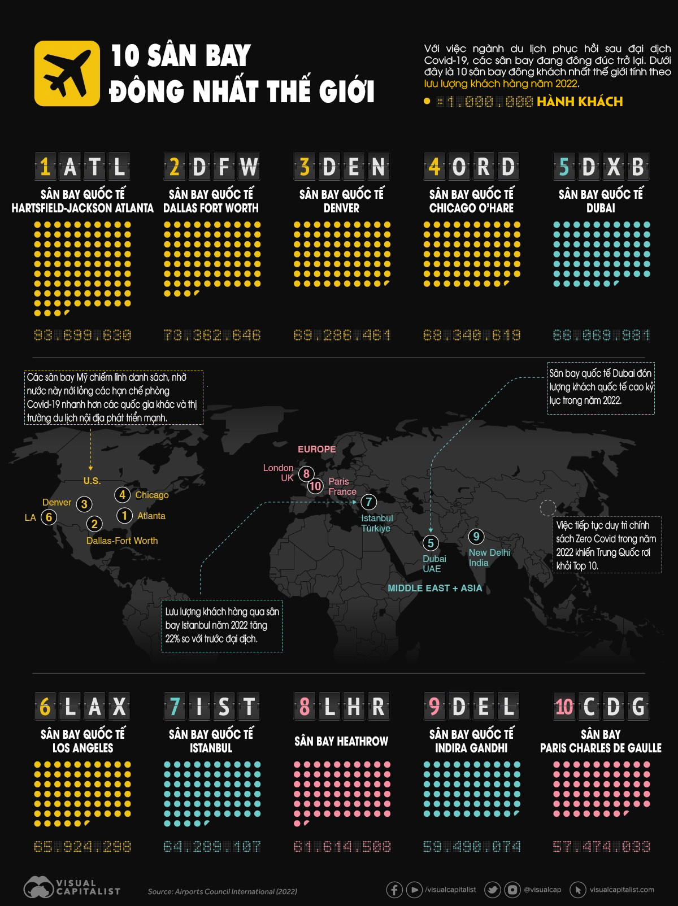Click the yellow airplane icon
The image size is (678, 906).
point(67,73)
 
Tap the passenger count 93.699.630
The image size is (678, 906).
point(82,336)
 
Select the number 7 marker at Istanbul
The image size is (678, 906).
point(368,502)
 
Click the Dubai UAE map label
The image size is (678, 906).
point(434,564)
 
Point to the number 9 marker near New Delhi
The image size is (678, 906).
point(476,537)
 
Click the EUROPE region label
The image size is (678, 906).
point(316,449)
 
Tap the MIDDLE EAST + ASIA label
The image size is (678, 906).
point(434,588)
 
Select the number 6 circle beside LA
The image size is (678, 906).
point(49,517)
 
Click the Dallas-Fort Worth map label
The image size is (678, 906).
point(122,541)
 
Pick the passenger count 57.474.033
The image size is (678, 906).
point(601,847)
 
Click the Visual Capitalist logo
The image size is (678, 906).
point(71,888)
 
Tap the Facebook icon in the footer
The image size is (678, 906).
point(394,890)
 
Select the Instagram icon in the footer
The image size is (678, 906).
point(512,890)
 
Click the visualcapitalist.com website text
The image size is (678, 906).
point(621,890)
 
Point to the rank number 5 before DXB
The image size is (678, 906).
point(564,167)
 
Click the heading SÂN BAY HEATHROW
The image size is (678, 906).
point(341,741)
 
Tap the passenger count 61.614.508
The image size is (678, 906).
point(342,847)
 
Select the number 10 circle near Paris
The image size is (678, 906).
point(315,486)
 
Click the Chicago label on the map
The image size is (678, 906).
point(151,495)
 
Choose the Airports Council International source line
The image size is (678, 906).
point(222,891)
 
